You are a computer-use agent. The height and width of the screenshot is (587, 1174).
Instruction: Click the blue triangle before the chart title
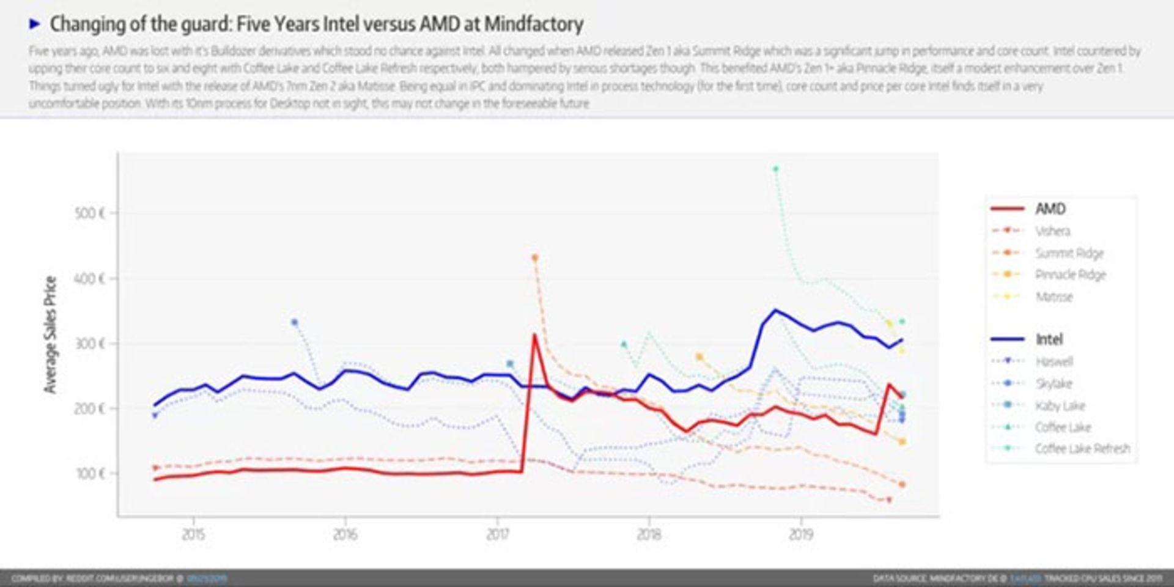coord(35,24)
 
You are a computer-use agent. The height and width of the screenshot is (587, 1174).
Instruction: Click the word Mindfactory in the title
coord(533,24)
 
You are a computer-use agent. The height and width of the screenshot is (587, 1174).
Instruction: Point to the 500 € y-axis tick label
coord(90,213)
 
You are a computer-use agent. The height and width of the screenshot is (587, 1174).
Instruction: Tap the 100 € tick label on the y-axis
coord(90,473)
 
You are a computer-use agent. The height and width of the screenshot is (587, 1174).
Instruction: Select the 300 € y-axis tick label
coord(90,343)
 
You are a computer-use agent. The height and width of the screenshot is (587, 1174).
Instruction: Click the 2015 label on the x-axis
coord(193,534)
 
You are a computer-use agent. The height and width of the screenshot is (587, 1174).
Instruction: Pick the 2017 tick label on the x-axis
coord(497,534)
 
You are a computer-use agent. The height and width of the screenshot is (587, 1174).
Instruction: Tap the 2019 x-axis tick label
coord(800,534)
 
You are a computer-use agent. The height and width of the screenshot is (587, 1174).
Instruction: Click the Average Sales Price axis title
coord(50,334)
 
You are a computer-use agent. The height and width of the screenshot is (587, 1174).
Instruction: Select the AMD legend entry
coord(1050,209)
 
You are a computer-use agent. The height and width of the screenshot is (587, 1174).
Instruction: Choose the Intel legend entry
coord(1049,339)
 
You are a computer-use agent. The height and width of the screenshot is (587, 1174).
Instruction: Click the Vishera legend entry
coord(1052,231)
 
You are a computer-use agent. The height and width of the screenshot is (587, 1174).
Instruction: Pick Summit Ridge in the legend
coord(1069,253)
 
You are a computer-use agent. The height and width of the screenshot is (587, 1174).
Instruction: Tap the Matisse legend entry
coord(1054,297)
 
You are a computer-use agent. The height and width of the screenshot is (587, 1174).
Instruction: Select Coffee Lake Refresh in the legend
coord(1082,449)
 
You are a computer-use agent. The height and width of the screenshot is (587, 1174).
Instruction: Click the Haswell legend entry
coord(1054,361)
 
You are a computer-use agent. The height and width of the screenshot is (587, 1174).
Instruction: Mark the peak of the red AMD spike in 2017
coord(534,334)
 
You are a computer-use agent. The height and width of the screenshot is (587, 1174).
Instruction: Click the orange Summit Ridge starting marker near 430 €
coord(534,258)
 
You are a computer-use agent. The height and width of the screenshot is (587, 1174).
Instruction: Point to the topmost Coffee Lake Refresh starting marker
coord(775,169)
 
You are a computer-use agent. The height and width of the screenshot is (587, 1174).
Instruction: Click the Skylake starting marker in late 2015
coord(294,322)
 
